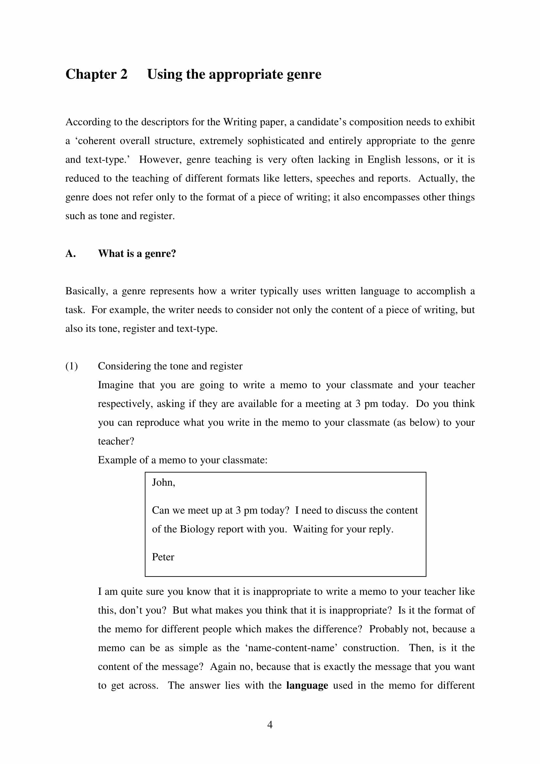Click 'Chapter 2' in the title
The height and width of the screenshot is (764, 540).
[x=96, y=74]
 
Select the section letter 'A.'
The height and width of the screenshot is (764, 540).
[x=71, y=253]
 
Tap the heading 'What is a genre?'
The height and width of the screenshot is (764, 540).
[x=137, y=253]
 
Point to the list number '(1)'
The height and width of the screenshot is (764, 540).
[x=72, y=366]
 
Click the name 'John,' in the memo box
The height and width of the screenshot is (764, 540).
[x=163, y=482]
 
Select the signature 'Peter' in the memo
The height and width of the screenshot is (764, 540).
[x=163, y=557]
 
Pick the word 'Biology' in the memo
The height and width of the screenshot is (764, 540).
[x=197, y=529]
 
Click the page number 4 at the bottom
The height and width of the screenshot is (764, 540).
[x=270, y=725]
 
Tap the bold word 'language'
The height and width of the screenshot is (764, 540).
[x=307, y=686]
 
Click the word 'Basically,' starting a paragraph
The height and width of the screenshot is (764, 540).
[x=87, y=291]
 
